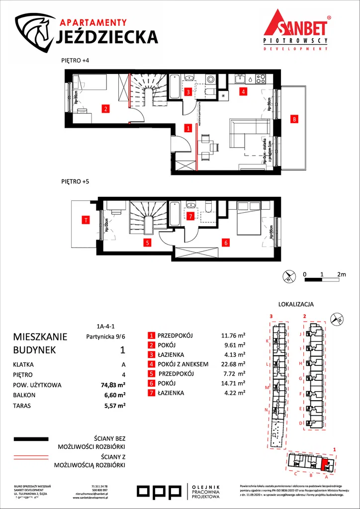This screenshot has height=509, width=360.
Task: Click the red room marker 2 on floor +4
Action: [x=105, y=108]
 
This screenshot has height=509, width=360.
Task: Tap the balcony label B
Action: [x=294, y=119]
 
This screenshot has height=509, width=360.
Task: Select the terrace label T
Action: [x=86, y=219]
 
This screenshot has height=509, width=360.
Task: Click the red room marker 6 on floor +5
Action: [x=226, y=243]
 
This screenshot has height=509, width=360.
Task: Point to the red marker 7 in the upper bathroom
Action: [x=190, y=216]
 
